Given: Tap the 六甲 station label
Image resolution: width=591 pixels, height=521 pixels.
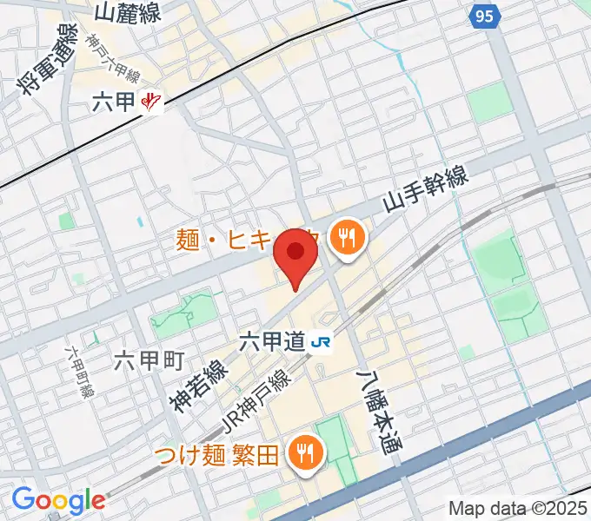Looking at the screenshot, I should tap(113, 102).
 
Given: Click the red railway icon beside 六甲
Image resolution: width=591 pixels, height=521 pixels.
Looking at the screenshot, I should tap(151, 102).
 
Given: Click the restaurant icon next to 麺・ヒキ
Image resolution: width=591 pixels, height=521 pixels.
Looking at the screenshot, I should tap(347, 237).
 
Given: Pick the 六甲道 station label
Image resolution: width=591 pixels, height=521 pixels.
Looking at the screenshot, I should tap(272, 341).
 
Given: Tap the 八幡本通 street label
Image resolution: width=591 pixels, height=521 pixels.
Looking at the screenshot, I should tap(375, 408).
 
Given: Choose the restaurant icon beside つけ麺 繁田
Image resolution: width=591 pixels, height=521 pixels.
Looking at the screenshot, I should tap(305, 452).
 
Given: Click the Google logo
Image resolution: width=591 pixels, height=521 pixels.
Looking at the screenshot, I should tap(58, 499).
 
